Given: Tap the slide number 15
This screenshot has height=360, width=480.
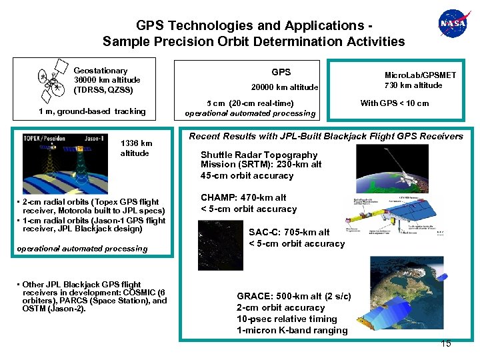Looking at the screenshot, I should pos(446,343).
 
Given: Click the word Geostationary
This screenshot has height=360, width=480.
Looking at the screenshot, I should pos(100,70).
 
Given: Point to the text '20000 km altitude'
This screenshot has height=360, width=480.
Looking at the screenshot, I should pos(284,87).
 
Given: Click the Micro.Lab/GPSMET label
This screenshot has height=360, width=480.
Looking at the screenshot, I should pos(420,75).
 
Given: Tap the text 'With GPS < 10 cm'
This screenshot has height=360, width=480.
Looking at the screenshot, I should pos(395,103).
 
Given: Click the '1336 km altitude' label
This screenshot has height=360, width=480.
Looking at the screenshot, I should pos(136,148).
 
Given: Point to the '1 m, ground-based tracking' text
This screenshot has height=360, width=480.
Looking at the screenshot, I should pos(92,111).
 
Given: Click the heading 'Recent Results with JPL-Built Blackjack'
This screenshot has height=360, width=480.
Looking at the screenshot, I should pos(325,137).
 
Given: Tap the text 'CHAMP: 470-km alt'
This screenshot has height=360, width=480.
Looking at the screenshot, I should pos(243,197).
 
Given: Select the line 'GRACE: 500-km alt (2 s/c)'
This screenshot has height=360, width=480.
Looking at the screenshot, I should pos(294,296).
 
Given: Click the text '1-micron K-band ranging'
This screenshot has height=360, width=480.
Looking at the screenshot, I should pos(292,330).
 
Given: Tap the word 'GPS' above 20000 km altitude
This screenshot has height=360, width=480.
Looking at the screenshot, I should pos(281,72).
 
